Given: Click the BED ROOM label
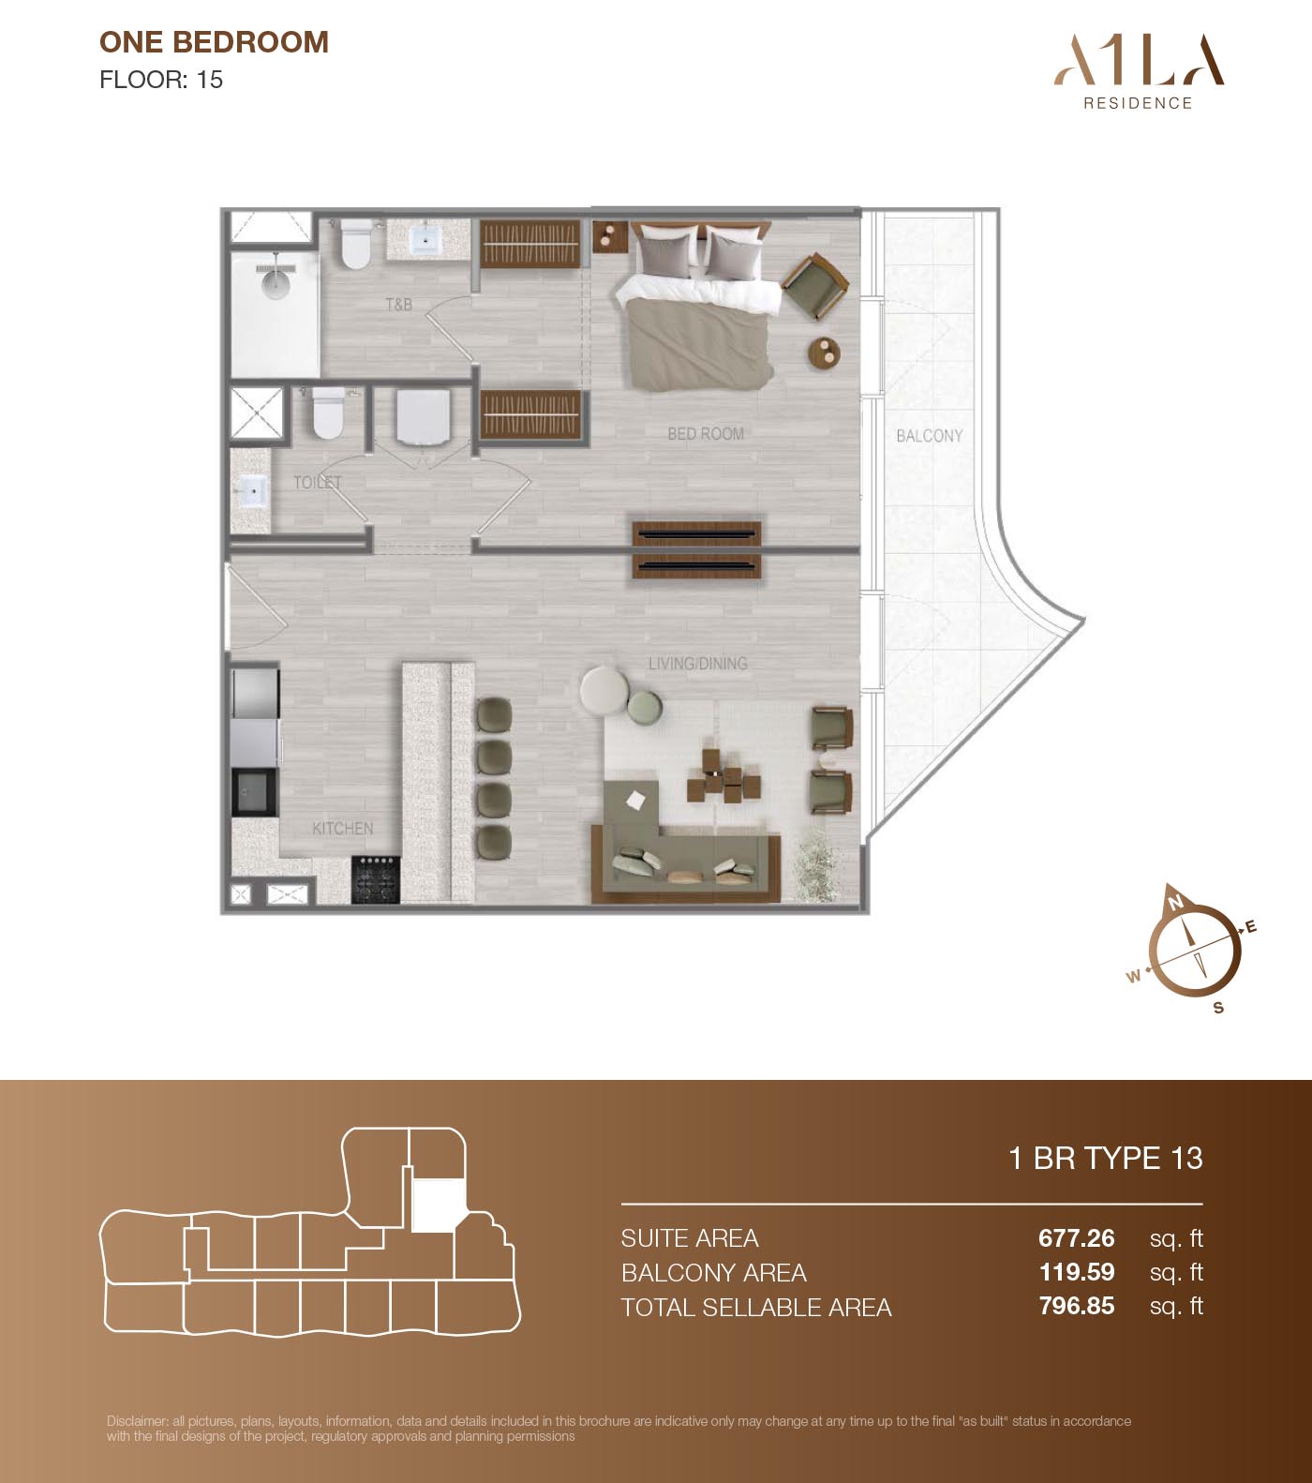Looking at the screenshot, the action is point(706,434).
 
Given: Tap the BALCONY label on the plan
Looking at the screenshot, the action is point(929,436).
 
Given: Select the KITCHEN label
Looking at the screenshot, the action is point(343,829).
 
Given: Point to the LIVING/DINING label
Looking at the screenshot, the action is point(698,664).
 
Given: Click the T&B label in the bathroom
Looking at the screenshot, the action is point(399,305).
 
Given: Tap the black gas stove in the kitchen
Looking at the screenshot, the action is point(376,879).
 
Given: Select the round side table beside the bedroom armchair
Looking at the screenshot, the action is point(825,352).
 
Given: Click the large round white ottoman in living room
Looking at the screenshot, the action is point(604,691).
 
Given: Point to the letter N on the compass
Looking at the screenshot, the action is point(1175,903).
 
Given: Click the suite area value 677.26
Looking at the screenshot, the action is point(1077,1238).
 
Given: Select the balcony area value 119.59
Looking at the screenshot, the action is point(1077,1272).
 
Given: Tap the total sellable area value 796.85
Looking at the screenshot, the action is point(1077,1306).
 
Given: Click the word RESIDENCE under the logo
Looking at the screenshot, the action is point(1139,103).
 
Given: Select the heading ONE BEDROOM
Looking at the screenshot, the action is point(214,42).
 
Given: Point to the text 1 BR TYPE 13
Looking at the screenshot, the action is point(1106,1159).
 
